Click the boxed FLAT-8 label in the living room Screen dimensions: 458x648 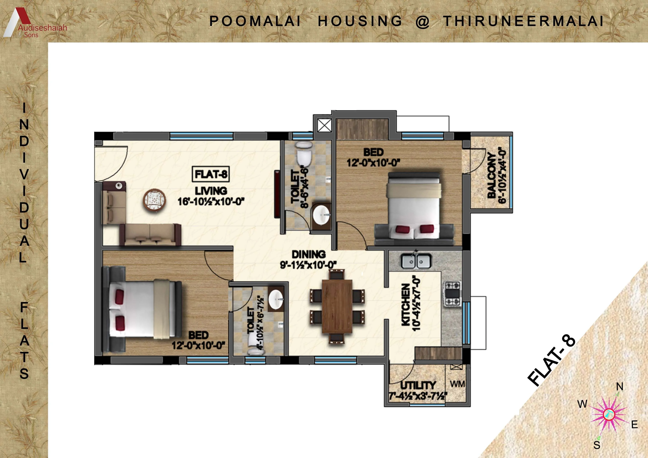(211, 174)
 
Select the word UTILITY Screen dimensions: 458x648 (418, 385)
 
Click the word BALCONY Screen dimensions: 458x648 (491, 175)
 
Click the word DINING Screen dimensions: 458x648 (308, 254)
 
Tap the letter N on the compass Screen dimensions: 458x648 (620, 386)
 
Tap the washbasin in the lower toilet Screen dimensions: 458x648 (275, 300)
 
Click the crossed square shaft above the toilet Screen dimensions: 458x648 (324, 125)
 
